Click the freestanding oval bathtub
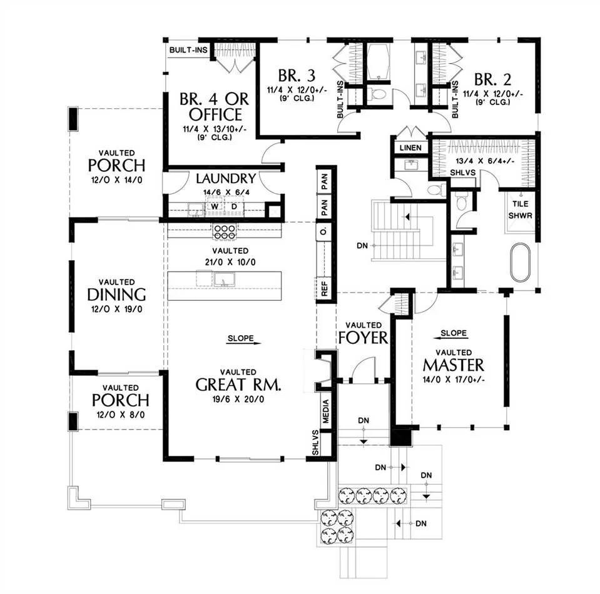point(521,263)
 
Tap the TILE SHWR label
point(520,209)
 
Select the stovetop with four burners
point(225,232)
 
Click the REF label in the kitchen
point(325,289)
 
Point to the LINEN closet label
point(410,148)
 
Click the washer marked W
point(214,206)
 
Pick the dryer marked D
point(234,206)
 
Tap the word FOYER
point(363,338)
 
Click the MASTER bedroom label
point(454,365)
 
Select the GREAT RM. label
point(238,385)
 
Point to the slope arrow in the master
point(450,338)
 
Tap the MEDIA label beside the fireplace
point(325,411)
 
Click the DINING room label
point(117,294)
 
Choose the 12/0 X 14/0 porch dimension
point(117,180)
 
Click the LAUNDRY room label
point(226,178)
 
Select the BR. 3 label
point(297,76)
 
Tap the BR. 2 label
point(493,79)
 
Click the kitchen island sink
point(224,279)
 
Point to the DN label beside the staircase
point(362,246)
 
